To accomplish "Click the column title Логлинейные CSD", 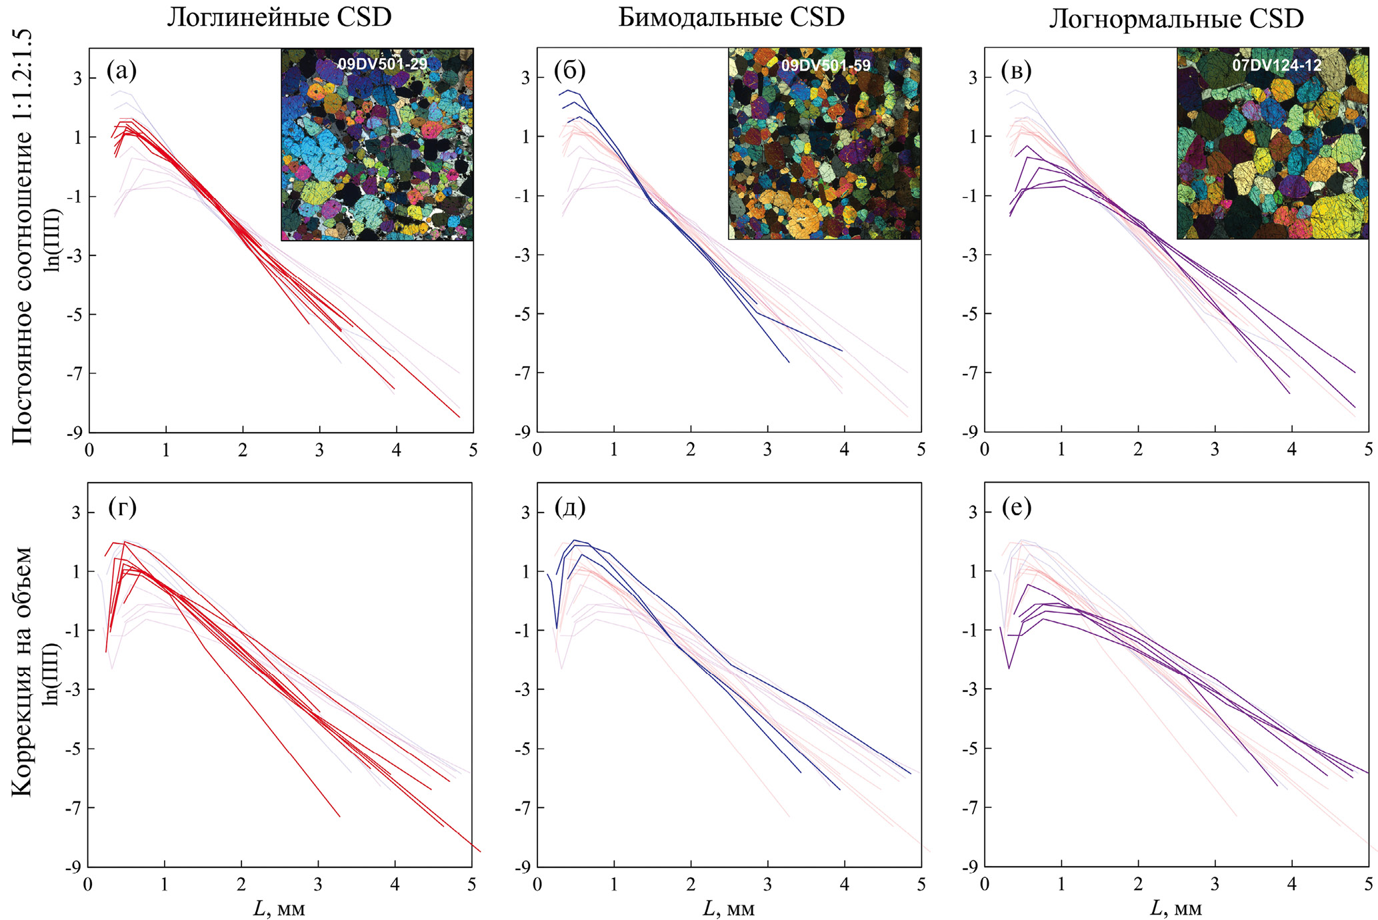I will coord(279,18).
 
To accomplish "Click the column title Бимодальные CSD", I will coord(731,18).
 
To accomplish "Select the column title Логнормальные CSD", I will coord(1176,19).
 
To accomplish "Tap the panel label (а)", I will coord(121,70).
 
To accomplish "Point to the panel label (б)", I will coord(569,70).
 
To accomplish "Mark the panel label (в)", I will coord(1016,70).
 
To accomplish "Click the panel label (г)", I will coord(122,508).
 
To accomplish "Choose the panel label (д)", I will coord(569,508).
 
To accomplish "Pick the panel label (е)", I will coord(1016,508).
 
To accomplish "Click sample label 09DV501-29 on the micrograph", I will coord(382,65).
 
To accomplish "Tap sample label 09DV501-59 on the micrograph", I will coord(825,65).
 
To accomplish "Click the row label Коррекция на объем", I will coord(23,671).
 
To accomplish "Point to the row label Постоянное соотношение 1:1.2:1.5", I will coord(23,237).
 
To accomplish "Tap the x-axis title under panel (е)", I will coord(1176,908).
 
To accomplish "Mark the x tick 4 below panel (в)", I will coord(1292,450).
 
